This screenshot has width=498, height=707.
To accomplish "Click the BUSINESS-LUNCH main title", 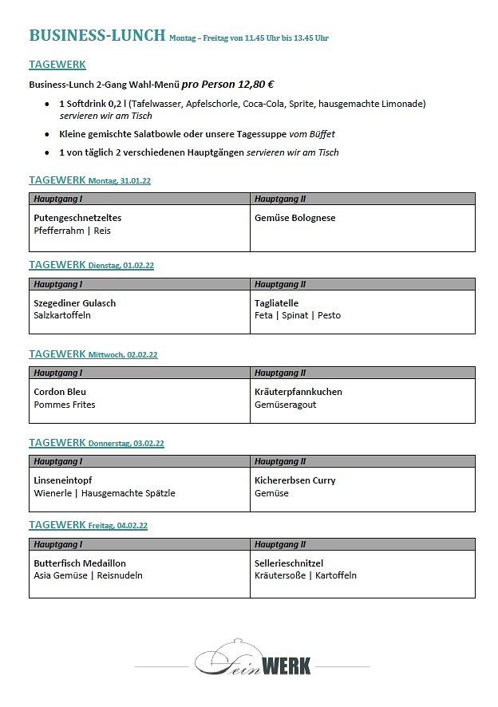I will [97, 35].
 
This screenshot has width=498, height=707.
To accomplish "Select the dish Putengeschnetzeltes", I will [77, 218].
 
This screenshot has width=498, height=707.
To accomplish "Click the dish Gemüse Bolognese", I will [294, 218].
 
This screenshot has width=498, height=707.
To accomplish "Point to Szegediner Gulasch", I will [74, 303].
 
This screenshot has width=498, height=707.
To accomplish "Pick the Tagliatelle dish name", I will [276, 303].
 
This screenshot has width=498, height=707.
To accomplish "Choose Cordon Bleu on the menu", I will [60, 392].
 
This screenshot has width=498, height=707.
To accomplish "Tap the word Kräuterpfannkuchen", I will [298, 392].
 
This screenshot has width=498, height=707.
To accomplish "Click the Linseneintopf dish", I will [63, 480].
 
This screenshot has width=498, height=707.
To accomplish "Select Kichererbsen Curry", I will [294, 480].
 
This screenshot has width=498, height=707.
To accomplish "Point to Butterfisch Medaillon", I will [80, 563].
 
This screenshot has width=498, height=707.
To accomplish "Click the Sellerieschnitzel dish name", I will [289, 563].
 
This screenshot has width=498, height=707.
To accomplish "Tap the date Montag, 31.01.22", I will [120, 181].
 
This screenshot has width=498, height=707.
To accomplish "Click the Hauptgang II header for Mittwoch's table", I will [280, 373].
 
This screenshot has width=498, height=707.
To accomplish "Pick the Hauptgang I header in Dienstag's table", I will [57, 284].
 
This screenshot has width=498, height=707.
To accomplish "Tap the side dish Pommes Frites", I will [64, 405].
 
